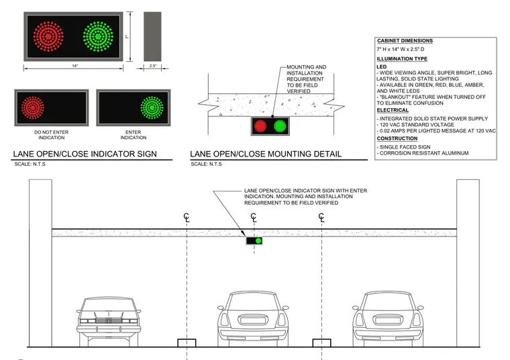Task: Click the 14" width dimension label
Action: point(74,66)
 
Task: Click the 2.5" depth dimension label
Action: point(153,66)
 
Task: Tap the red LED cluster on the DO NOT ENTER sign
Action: point(33,107)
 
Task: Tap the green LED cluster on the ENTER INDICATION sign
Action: point(152,107)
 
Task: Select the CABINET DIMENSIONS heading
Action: point(405,41)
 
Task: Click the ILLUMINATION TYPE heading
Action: point(402,59)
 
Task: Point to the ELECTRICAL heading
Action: point(393,110)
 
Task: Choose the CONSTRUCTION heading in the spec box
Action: point(397,138)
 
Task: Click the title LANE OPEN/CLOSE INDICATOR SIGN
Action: point(85,154)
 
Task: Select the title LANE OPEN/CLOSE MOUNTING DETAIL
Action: point(266,154)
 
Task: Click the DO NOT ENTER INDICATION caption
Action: point(52,135)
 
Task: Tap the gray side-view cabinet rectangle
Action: point(152,36)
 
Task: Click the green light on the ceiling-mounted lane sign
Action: point(258,241)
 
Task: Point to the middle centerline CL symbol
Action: point(254,217)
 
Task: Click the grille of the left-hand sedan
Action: point(109,320)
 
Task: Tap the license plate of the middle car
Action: point(253,320)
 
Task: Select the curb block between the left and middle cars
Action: point(187,343)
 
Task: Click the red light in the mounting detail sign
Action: point(260,126)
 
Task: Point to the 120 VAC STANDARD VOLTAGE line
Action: point(415,125)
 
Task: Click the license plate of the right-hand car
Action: point(388,320)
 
